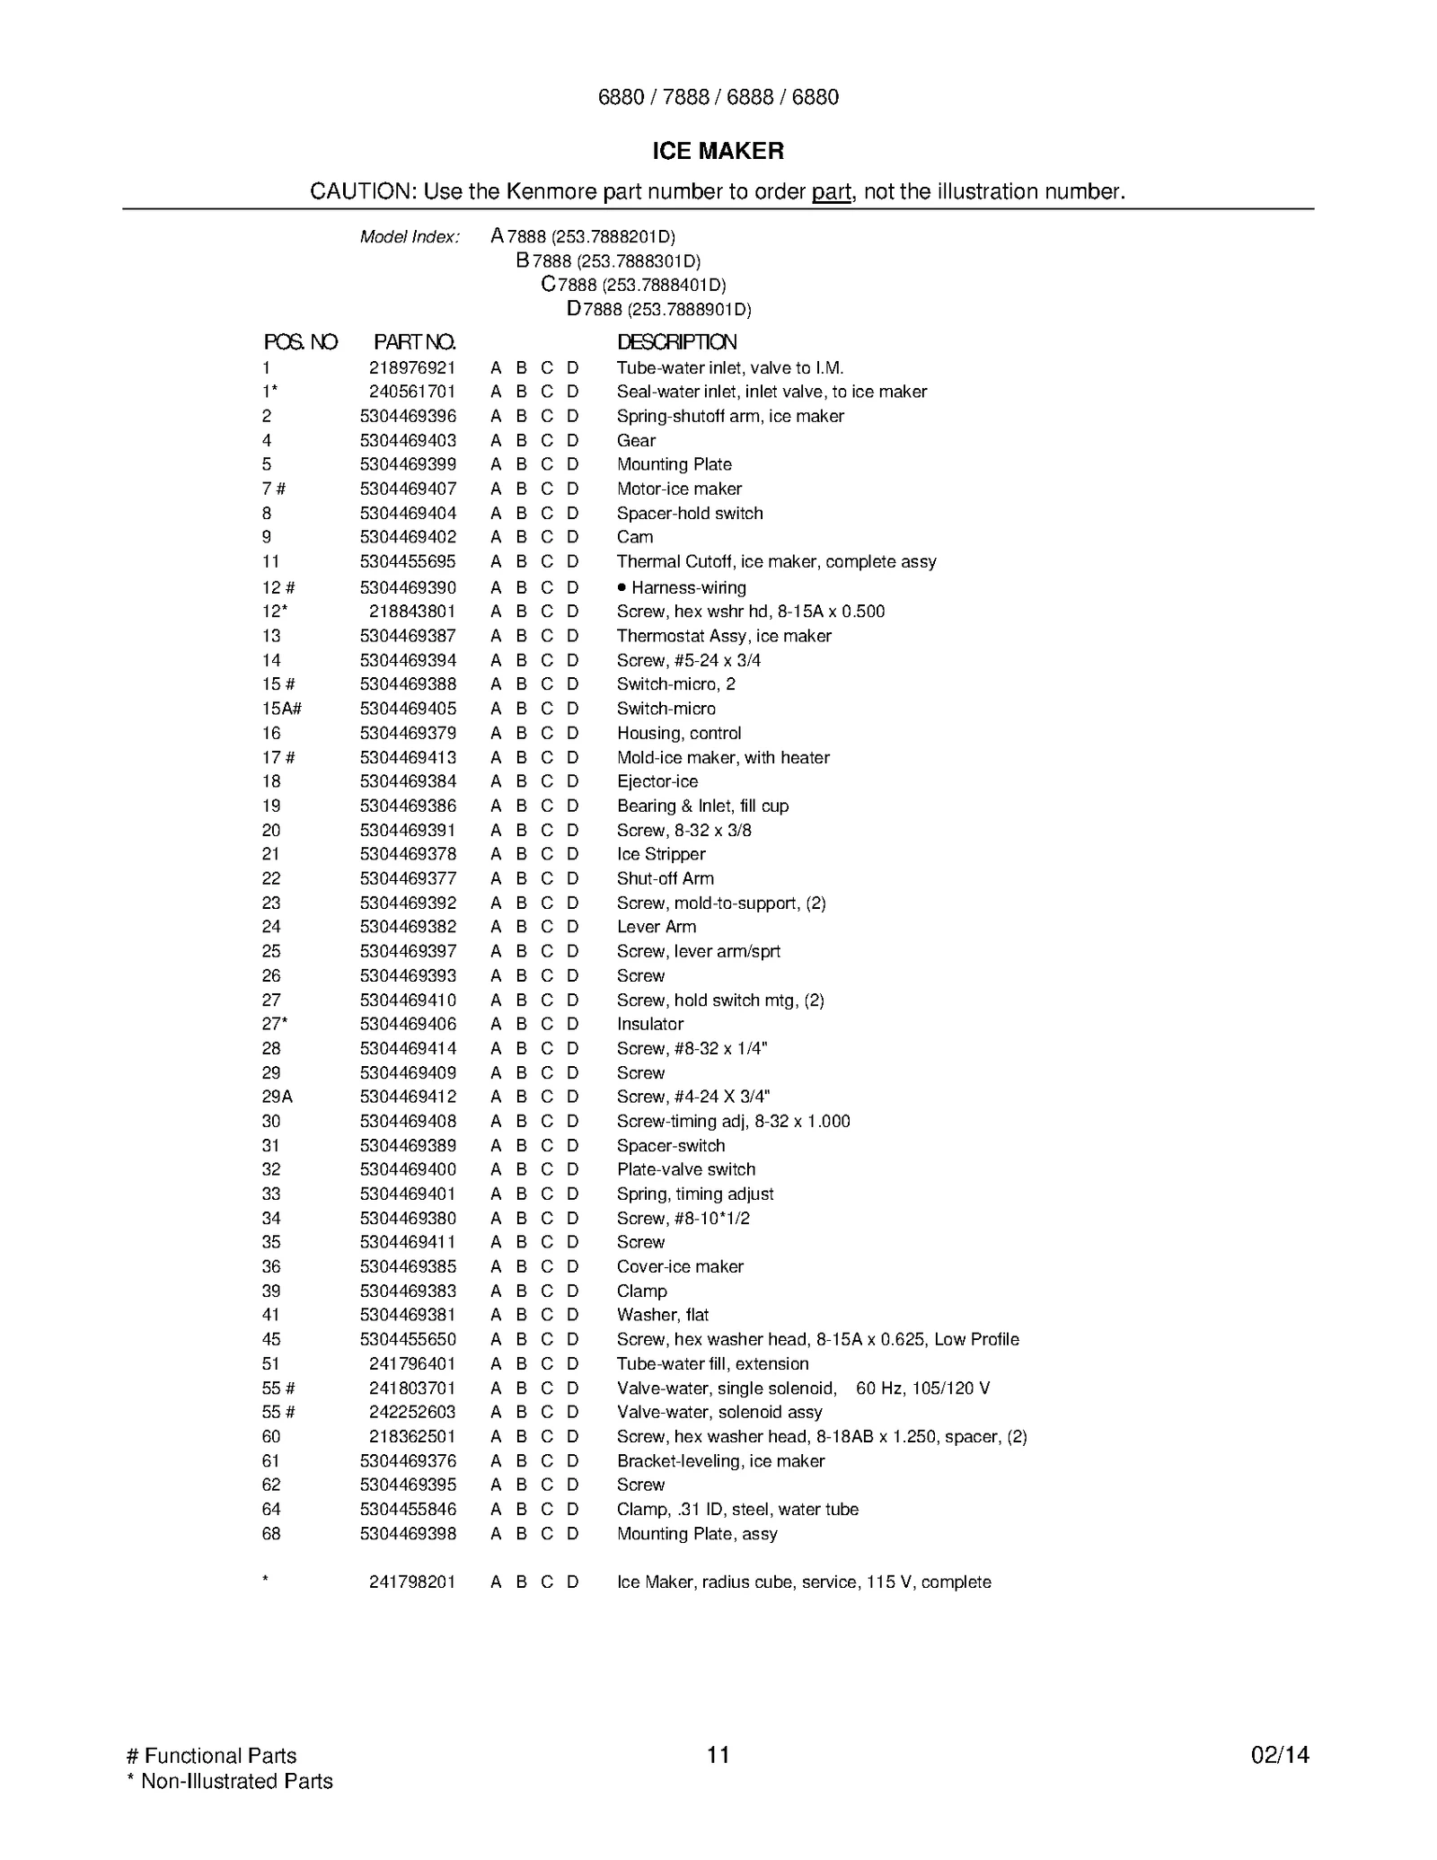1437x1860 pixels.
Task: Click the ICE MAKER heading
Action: tap(718, 151)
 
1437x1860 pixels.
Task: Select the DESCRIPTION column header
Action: tap(676, 342)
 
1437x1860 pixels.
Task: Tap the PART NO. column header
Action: tap(414, 342)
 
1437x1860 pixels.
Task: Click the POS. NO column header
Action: tap(300, 342)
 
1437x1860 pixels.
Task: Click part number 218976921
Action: tap(412, 368)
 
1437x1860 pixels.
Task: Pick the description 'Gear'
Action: tap(636, 441)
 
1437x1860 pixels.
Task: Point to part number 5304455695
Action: tap(408, 562)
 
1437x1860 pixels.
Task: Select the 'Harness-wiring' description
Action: tap(688, 588)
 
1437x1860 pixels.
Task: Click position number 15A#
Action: tap(281, 709)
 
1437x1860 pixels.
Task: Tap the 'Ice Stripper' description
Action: tap(661, 854)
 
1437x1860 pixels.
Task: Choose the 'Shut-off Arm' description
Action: tap(666, 878)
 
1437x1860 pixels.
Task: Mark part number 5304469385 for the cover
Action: tap(408, 1266)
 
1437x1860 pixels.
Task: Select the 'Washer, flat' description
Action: tap(663, 1315)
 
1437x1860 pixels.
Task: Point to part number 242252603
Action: tap(412, 1412)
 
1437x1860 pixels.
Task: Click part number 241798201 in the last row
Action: tap(412, 1582)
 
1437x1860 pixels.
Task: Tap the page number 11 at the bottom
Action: tap(718, 1755)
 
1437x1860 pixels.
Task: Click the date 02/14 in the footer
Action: tap(1280, 1755)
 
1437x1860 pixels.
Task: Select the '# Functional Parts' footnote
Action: tap(212, 1756)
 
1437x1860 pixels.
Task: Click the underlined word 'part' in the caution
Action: tap(832, 192)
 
